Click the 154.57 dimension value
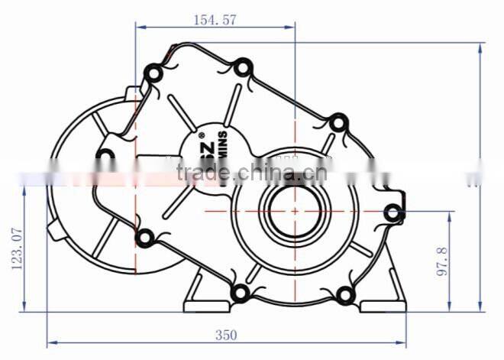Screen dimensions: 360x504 (x=215, y=20)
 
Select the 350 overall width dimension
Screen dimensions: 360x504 (x=226, y=335)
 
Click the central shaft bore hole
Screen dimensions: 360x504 (x=295, y=210)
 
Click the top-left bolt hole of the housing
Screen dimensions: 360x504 (x=153, y=73)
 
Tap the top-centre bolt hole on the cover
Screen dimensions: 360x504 (x=242, y=69)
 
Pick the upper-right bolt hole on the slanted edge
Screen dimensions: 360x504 (x=337, y=123)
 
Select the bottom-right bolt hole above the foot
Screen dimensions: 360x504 (x=344, y=294)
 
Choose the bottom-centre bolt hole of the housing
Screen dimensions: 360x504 (x=240, y=292)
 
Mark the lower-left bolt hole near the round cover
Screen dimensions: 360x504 (x=143, y=238)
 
